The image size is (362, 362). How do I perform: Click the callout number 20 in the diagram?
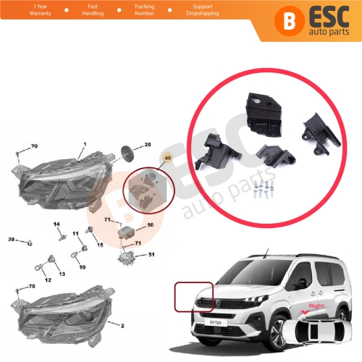click(x=147, y=145)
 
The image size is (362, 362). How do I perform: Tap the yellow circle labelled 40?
click(x=169, y=156)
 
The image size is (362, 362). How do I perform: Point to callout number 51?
click(x=151, y=254)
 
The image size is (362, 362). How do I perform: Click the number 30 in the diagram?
click(x=11, y=239)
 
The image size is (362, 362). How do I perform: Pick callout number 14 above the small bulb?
click(x=56, y=224)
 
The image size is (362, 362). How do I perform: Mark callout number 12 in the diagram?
click(x=48, y=280)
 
